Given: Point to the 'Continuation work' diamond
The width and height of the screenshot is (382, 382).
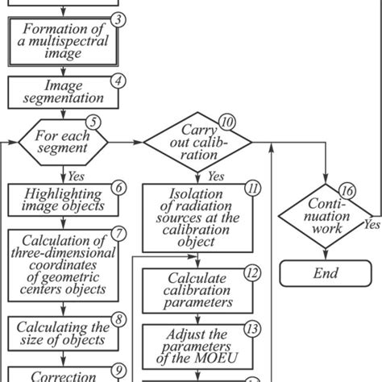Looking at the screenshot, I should pos(326,215).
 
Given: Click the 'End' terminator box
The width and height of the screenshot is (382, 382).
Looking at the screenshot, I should pos(326,273).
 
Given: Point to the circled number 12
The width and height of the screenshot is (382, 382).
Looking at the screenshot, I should pos(252,272).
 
